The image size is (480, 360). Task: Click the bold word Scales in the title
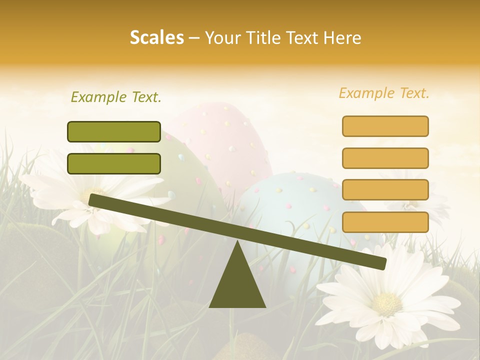tap(156, 38)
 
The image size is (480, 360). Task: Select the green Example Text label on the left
tap(116, 97)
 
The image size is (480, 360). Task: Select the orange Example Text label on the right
tap(384, 93)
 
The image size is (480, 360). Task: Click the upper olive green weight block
tap(114, 131)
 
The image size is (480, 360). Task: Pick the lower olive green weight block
tap(114, 163)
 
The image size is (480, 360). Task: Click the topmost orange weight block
tap(385, 126)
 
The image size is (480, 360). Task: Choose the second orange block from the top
tap(385, 158)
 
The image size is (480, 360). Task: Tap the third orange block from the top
tap(385, 190)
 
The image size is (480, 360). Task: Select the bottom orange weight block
tap(385, 222)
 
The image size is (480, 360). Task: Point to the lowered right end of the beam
tap(381, 263)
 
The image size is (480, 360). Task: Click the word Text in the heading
tap(305, 38)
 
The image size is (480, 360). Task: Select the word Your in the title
tap(222, 38)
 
